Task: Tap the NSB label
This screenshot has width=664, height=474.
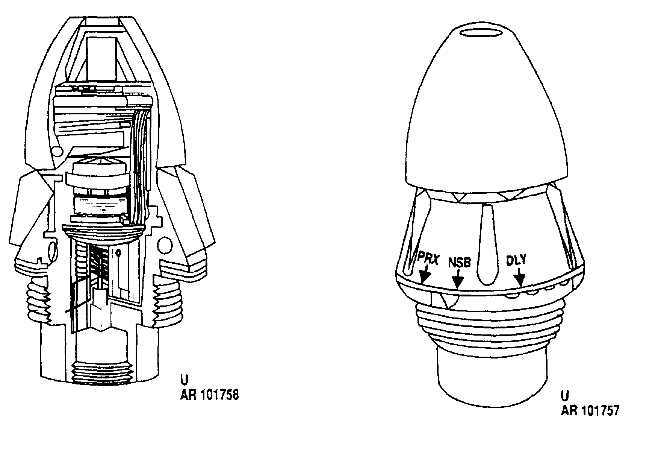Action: point(460,263)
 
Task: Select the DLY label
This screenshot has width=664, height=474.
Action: point(516,260)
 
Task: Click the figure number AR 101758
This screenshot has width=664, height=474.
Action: point(209,395)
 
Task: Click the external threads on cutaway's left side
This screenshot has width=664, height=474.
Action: point(38,298)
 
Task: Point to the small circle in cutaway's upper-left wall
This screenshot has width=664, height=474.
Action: point(58,151)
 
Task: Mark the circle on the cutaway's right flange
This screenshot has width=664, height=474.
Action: point(165,245)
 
